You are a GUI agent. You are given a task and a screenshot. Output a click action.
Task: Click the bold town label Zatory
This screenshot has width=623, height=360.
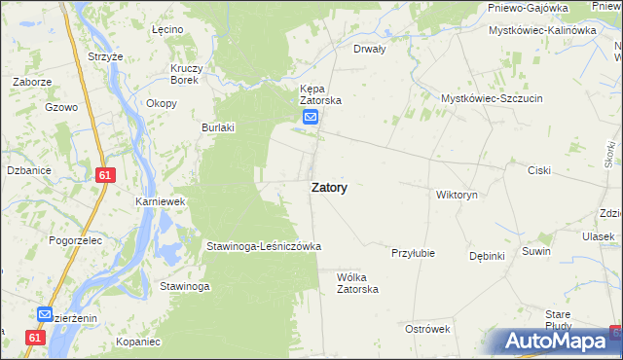point(330,189)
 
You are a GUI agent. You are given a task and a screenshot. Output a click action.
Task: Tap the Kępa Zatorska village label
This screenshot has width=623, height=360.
point(320,92)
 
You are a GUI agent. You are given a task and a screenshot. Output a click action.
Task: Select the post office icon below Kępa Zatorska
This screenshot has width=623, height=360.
point(311,118)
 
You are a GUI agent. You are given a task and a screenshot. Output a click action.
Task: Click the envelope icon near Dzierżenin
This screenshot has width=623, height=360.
point(46,314)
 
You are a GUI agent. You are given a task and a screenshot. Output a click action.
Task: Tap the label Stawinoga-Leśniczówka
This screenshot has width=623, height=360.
point(263,247)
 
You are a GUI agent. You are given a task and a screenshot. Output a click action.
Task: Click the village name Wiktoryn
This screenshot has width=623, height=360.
point(457,195)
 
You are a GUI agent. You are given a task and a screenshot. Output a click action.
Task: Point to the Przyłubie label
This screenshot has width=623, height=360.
point(412,253)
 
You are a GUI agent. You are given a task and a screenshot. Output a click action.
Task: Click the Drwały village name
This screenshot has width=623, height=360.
point(370,48)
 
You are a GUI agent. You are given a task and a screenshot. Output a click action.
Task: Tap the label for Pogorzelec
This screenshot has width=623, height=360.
point(55,237)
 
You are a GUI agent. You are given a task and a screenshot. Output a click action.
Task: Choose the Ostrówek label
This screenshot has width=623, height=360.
point(426,329)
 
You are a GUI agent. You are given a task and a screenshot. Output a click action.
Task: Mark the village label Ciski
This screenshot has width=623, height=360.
point(538,170)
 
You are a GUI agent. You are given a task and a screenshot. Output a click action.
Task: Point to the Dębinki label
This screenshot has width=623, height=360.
point(486,256)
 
